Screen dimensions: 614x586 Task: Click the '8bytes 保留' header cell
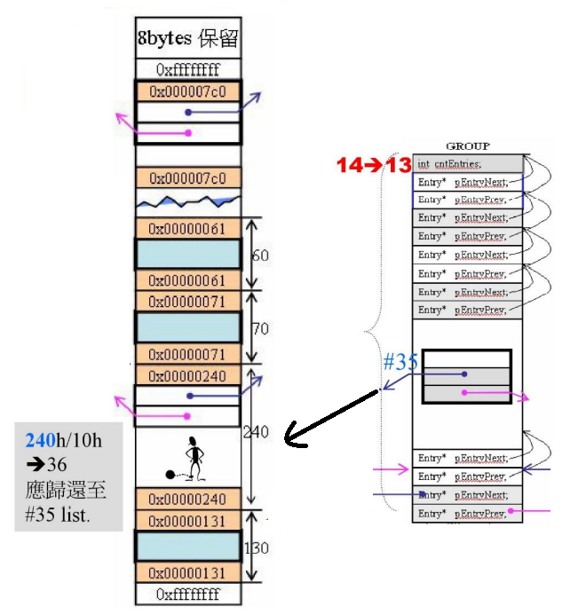(188, 39)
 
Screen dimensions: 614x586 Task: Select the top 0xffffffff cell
(188, 69)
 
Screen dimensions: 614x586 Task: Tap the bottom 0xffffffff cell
(188, 594)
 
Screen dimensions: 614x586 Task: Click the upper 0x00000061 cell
(188, 229)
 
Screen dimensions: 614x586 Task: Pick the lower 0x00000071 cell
(188, 355)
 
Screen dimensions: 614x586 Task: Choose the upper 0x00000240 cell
(188, 376)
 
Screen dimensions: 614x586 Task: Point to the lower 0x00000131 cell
(188, 572)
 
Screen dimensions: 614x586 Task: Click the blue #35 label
(400, 362)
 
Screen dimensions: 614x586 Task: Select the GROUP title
(467, 146)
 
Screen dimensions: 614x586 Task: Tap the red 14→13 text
(373, 164)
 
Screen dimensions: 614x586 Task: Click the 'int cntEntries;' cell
(467, 163)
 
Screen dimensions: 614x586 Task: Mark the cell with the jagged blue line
(188, 201)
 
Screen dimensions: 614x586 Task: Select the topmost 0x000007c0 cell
(188, 91)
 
